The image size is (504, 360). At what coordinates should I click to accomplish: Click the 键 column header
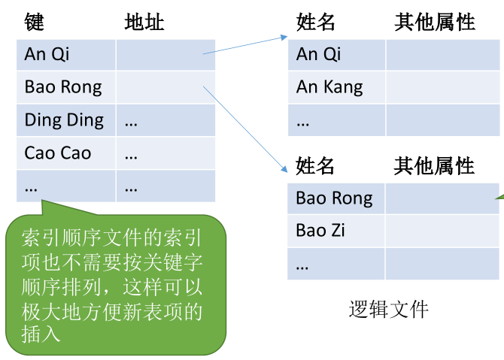coord(34,22)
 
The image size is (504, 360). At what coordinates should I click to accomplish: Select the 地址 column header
coord(144,22)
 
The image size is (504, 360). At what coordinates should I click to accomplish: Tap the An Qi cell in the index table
coord(66,55)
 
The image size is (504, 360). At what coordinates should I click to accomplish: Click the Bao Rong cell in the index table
coord(66,87)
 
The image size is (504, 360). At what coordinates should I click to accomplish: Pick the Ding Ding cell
coord(66,120)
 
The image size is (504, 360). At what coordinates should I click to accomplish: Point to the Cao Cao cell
coord(66,153)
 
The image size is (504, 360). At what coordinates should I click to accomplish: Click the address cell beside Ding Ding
coord(165,120)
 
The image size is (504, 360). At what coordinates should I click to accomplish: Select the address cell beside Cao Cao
coord(165,153)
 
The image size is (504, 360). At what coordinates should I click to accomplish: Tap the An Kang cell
coord(336,87)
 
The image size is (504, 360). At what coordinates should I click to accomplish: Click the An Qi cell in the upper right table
coord(336,55)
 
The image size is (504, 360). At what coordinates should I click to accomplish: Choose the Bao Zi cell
coord(336,231)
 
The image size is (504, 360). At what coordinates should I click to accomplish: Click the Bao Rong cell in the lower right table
coord(336,198)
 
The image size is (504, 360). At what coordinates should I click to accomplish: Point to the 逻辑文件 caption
coord(388,309)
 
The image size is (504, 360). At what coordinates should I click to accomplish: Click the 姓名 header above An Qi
coord(315,22)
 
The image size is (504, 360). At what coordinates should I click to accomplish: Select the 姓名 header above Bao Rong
coord(314,165)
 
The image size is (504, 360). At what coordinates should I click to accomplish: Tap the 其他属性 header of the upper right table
coord(435,22)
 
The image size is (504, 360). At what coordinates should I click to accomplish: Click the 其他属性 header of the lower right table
coord(434,165)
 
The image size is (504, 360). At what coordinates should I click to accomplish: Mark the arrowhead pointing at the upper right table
coord(284,38)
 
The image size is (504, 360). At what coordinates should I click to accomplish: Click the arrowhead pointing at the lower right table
coord(284,169)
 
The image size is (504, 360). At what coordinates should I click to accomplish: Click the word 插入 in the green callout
coord(41,334)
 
